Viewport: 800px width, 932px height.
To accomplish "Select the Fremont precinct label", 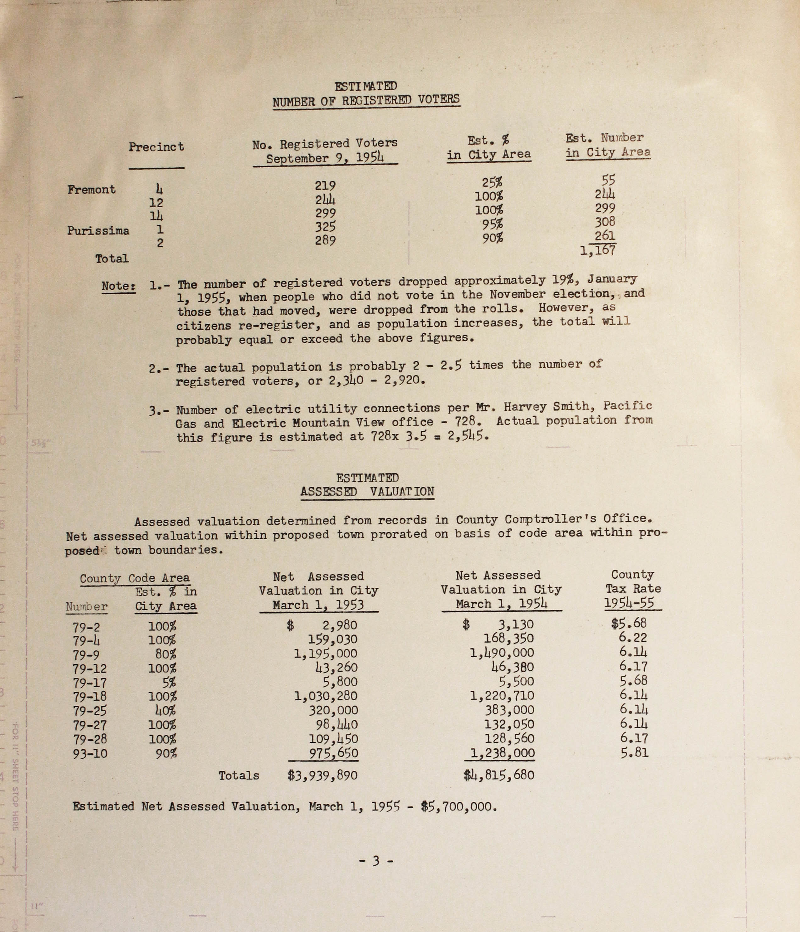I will click(x=91, y=190).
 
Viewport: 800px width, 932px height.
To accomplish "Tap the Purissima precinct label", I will click(x=98, y=231).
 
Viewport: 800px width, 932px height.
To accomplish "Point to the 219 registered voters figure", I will click(x=325, y=186).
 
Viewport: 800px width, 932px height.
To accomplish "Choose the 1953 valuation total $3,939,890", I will click(x=323, y=775).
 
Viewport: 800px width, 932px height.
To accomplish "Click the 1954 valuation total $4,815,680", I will click(x=499, y=774).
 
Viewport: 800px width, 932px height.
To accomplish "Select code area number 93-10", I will click(x=90, y=753).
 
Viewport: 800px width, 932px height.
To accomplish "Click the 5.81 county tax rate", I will click(x=634, y=752).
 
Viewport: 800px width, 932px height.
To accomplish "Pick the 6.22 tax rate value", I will click(x=634, y=637).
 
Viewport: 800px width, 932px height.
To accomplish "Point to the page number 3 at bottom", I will click(x=376, y=861).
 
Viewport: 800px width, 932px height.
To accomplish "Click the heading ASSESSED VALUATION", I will click(x=367, y=492).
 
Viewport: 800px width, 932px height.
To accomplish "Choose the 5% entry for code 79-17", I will click(x=169, y=682).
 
